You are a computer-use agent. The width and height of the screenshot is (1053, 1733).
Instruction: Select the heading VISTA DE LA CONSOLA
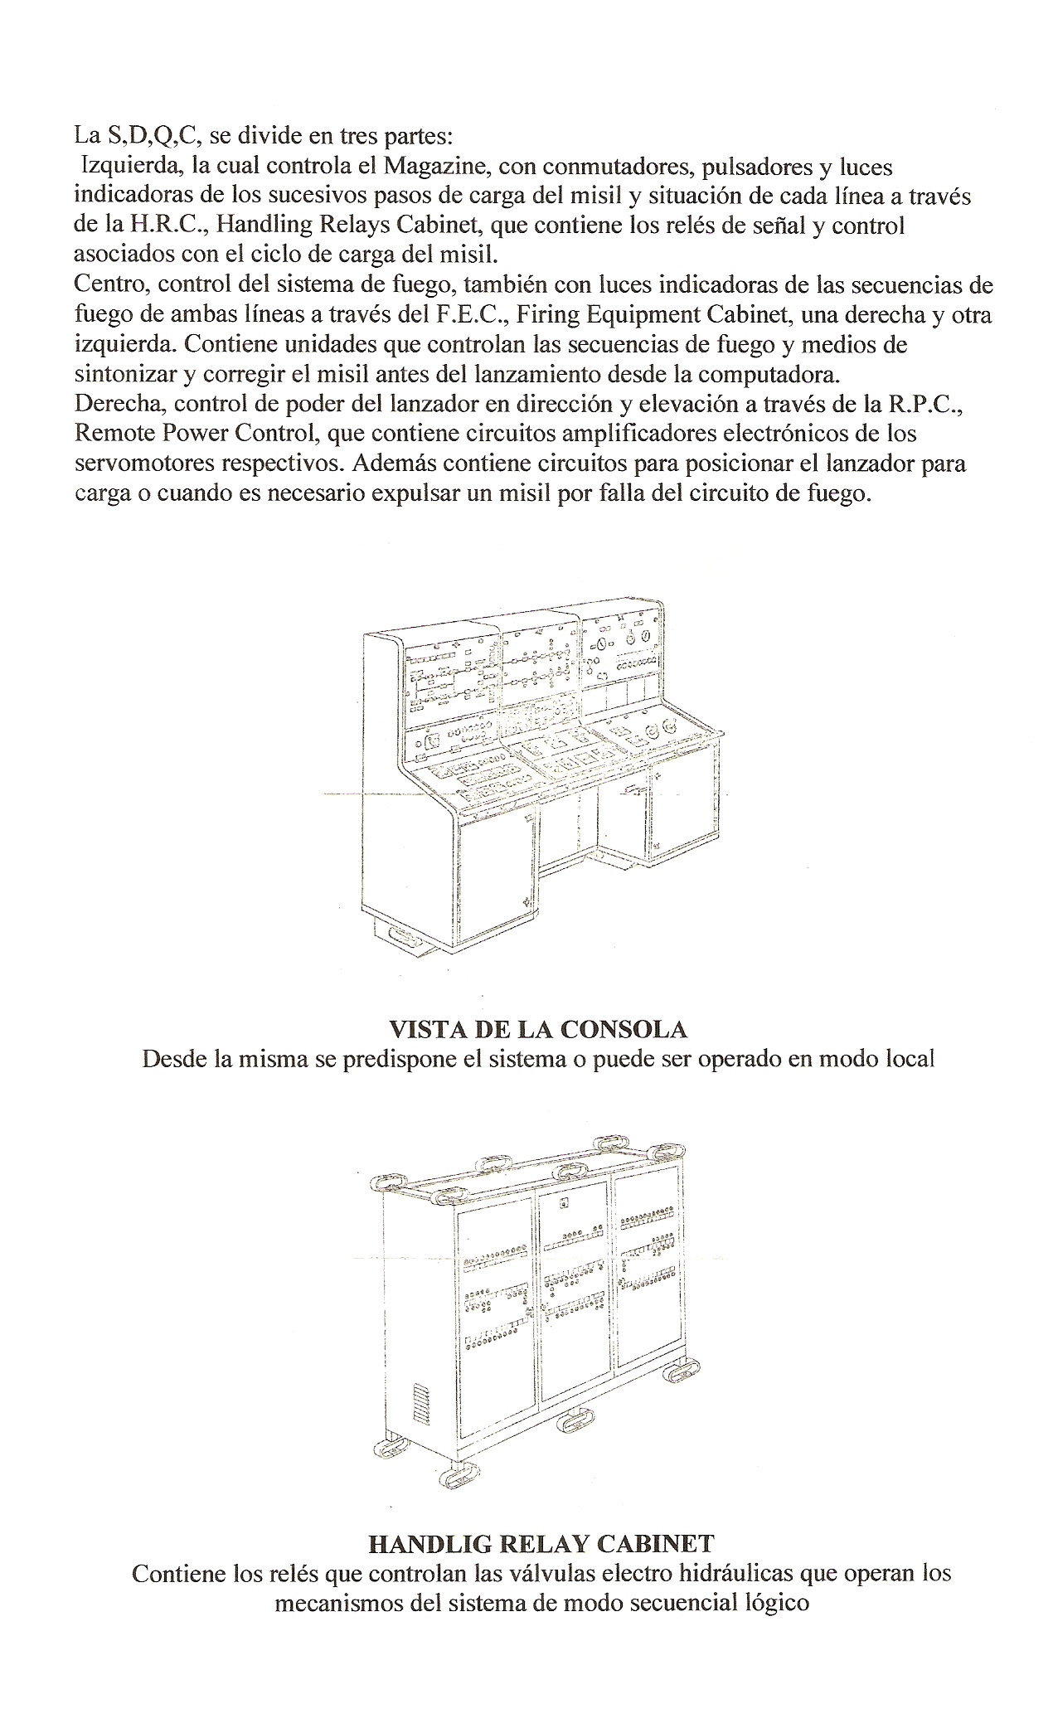538,1029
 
